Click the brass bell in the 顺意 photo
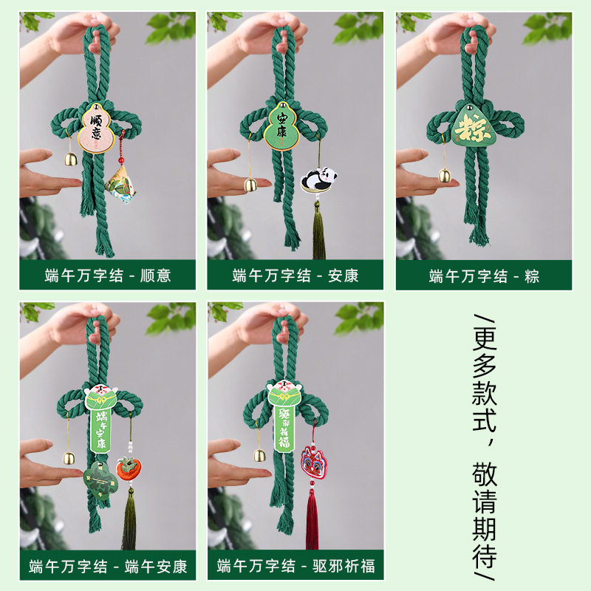pyautogui.click(x=70, y=159)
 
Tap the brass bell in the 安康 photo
pyautogui.click(x=251, y=185)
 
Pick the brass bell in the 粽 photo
pyautogui.click(x=445, y=175)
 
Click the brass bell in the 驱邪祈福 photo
pyautogui.click(x=260, y=454)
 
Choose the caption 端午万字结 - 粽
pyautogui.click(x=484, y=276)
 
